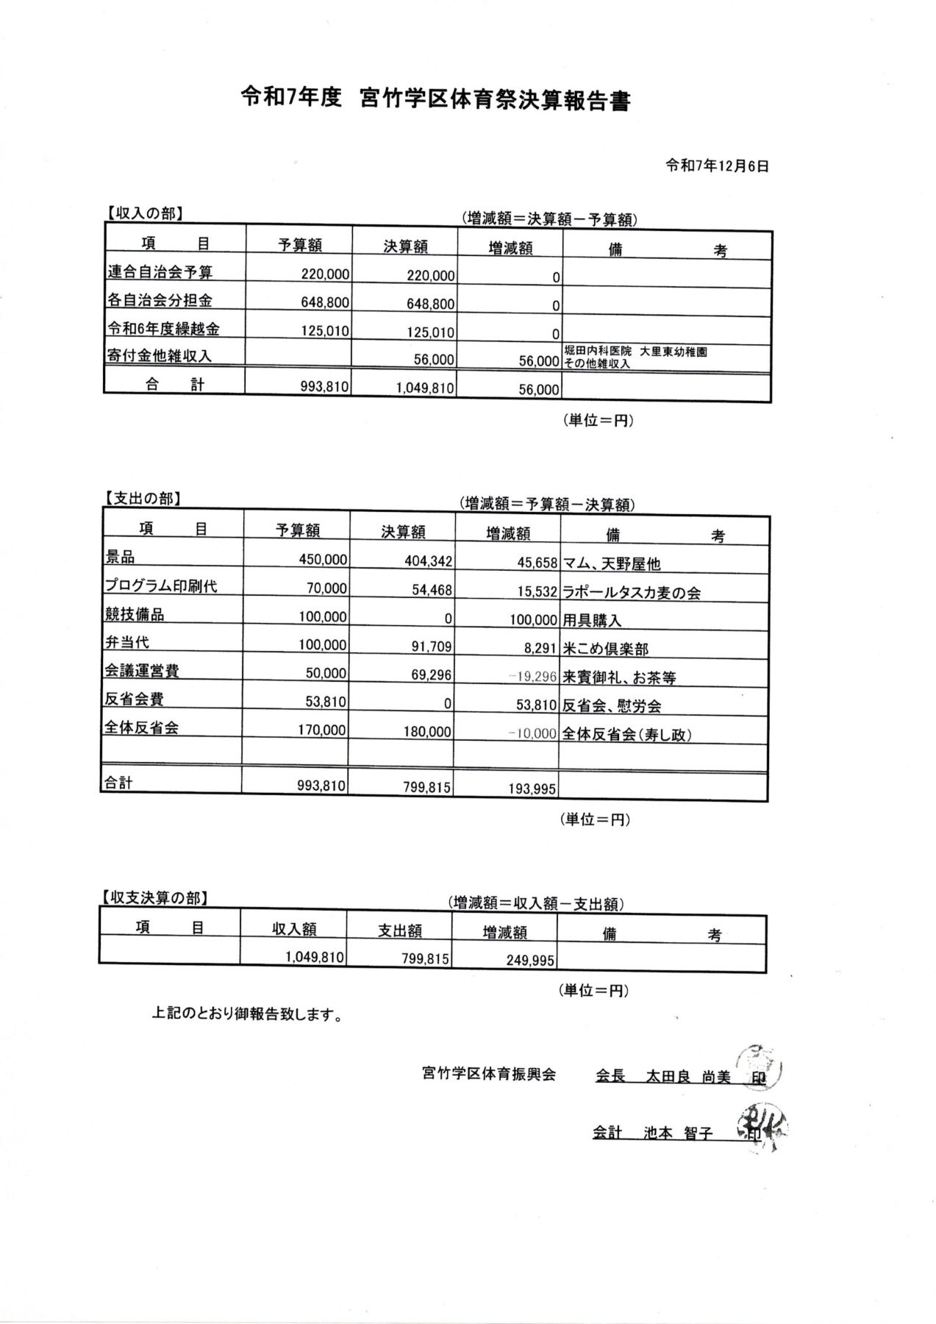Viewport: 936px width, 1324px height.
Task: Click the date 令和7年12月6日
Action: [717, 166]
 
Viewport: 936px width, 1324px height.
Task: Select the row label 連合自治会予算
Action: [160, 271]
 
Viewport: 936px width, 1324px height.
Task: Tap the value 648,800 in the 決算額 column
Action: [430, 304]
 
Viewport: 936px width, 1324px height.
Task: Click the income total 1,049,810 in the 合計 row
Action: [424, 388]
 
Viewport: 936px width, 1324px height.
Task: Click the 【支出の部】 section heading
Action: [141, 498]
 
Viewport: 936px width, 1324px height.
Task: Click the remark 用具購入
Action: [592, 620]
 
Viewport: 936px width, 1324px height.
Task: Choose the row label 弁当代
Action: [126, 642]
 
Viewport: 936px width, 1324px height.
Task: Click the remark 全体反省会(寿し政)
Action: [627, 734]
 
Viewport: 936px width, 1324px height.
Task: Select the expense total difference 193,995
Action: [532, 789]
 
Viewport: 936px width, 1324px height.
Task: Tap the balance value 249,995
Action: [530, 960]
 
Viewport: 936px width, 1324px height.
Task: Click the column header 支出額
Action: [400, 930]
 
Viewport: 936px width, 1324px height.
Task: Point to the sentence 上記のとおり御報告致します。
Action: [246, 1015]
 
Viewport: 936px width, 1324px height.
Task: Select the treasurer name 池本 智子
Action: [678, 1133]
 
